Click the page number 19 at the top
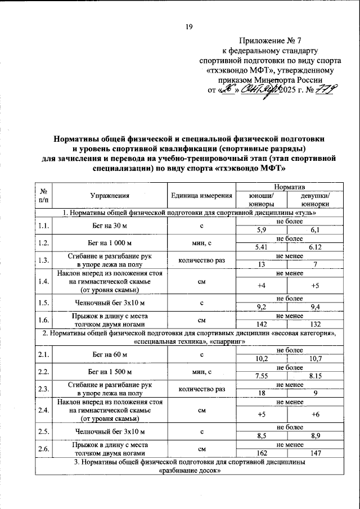[x=189, y=26]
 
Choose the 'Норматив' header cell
[x=289, y=186]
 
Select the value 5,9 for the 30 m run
[x=262, y=231]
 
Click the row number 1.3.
[x=43, y=259]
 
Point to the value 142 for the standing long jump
[x=262, y=324]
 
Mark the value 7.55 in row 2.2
[x=262, y=376]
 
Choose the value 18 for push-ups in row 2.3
[x=262, y=393]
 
